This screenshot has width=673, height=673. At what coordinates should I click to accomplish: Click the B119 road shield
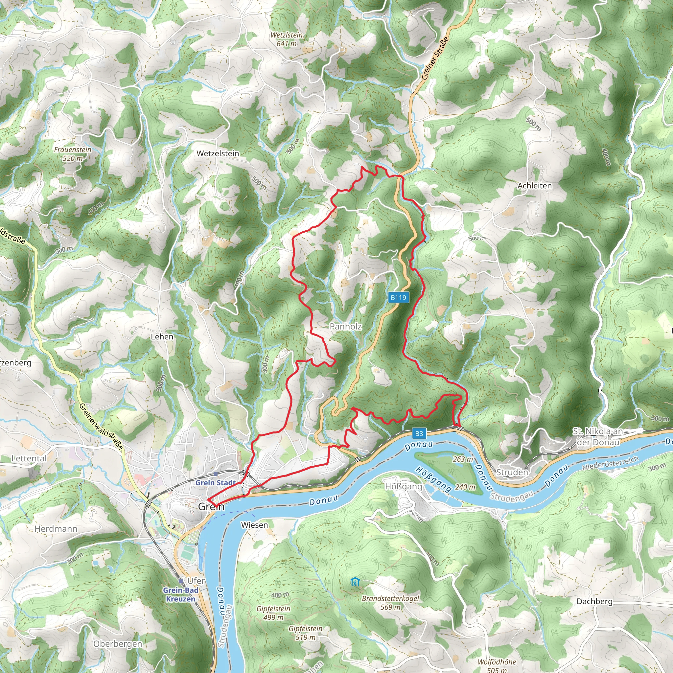(398, 297)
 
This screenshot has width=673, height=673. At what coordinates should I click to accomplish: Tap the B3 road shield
(419, 433)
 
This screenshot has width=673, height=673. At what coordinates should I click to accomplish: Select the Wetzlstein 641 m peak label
(287, 39)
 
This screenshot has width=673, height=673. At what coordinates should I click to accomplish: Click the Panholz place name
(346, 326)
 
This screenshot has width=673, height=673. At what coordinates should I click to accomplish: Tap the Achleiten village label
(534, 186)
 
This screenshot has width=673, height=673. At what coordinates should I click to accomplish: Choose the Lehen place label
(162, 337)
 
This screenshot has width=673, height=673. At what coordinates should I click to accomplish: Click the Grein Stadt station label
(216, 483)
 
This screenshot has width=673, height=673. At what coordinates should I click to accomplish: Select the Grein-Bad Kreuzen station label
(180, 594)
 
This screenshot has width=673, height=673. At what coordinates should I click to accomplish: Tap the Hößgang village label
(404, 486)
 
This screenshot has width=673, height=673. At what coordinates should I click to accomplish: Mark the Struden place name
(512, 472)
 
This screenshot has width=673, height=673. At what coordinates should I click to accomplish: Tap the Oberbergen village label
(118, 644)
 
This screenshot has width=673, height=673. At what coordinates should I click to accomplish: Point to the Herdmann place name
(56, 529)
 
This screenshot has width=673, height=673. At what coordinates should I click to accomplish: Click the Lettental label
(29, 458)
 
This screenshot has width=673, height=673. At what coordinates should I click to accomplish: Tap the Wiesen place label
(255, 525)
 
